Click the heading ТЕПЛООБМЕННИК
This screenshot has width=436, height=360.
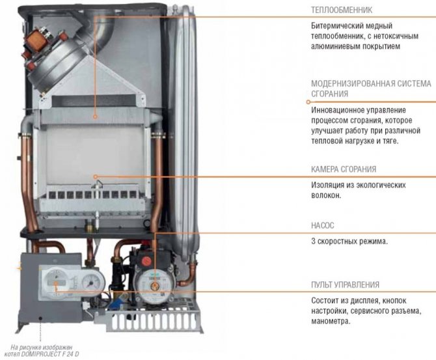click(341, 10)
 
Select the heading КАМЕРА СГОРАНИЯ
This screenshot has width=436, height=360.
click(344, 169)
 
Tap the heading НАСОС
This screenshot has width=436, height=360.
click(322, 225)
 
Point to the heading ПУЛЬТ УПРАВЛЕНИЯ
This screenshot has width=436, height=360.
click(345, 285)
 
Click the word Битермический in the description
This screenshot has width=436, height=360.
click(336, 26)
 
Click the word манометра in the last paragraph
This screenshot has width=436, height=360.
click(331, 321)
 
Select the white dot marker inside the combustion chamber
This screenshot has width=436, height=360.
click(96, 176)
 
